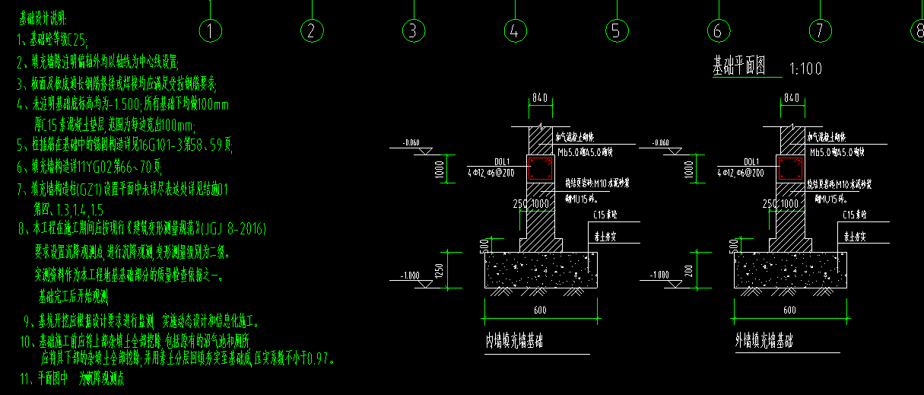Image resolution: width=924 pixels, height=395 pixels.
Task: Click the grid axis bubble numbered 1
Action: point(210,31)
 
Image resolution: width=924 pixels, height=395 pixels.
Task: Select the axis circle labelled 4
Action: point(515,31)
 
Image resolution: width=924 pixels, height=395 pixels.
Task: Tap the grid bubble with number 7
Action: point(820,31)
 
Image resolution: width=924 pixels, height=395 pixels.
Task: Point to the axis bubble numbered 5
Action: point(616,31)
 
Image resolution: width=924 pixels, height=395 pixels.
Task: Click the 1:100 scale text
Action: point(806,69)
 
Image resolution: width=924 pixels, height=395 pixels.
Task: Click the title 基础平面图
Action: point(744,67)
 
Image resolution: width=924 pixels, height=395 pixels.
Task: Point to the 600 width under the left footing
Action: point(540,310)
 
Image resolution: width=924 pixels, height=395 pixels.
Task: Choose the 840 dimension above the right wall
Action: point(791,98)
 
